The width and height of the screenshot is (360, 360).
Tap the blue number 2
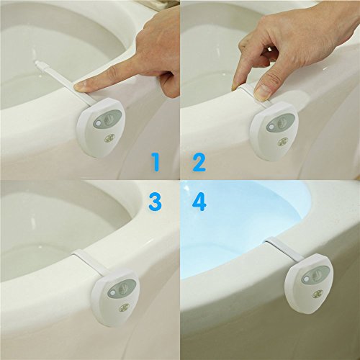point(199,163)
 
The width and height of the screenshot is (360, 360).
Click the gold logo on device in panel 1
point(110,138)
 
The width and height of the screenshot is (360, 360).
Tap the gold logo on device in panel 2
point(283,142)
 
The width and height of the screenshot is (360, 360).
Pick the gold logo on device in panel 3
point(124,307)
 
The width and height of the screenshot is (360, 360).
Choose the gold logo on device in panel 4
point(318,292)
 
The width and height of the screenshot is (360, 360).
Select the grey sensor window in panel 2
point(281,123)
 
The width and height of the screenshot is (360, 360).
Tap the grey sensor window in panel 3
point(122,288)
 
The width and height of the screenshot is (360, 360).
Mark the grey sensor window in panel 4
point(316,274)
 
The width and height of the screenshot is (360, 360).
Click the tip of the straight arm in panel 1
point(36,62)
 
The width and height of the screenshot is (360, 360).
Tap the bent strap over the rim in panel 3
point(89,261)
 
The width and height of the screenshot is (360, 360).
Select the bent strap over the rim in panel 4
point(284,249)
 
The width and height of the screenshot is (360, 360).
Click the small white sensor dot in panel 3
point(112,292)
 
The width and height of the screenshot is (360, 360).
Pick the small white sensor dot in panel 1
point(97,124)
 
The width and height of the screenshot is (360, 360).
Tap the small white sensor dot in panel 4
point(306,279)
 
